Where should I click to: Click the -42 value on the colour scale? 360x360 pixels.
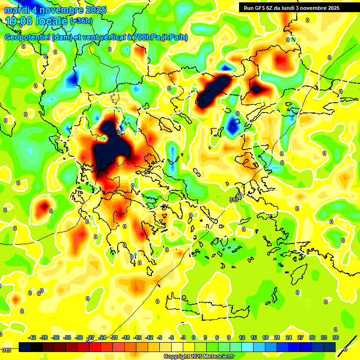coord(32,337)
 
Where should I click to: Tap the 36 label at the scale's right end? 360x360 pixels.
coord(336,337)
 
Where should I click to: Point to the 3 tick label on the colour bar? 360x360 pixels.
coord(205,337)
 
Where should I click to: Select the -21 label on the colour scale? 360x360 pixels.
coord(114,337)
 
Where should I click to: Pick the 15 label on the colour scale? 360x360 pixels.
coord(253,337)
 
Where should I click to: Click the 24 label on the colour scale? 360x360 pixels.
coord(288,337)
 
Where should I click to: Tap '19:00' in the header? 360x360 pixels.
coord(19,21)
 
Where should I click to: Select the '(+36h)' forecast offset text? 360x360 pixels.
coord(81,21)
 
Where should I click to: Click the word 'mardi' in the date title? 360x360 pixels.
coord(17,9)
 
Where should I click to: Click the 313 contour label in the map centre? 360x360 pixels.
coord(233,200)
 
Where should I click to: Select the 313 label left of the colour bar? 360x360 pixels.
coord(7,350)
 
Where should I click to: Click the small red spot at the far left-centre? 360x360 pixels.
coord(44,205)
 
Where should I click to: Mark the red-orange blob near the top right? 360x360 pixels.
coord(280,60)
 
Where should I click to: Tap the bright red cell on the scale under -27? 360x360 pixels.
coord(96,347)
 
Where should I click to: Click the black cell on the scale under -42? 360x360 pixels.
coord(25,347)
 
